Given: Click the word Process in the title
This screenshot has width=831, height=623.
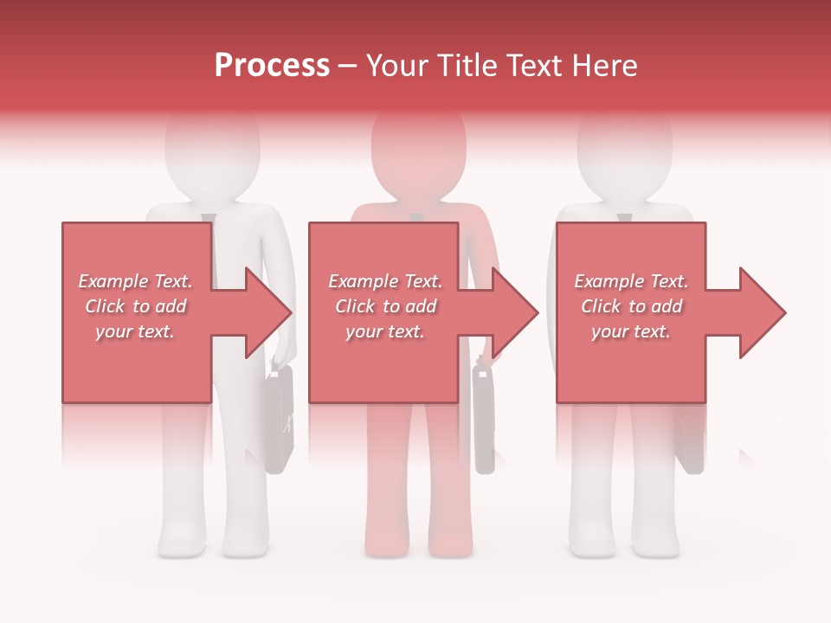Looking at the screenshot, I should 272,66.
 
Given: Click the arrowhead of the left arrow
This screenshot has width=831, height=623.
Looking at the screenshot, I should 268,312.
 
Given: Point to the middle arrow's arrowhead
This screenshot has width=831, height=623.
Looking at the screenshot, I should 514,312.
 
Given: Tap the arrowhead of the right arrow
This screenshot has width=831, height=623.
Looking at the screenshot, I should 762,312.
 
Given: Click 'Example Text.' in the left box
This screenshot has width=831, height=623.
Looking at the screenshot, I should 136,281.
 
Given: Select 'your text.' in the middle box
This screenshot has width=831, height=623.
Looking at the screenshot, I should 384,331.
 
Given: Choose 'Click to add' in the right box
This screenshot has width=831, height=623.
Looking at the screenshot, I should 631,306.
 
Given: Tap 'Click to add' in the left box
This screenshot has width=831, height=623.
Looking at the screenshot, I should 136,306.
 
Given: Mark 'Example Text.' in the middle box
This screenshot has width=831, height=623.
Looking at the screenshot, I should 384,281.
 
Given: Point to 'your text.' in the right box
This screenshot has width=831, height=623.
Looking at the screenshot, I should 631,331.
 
